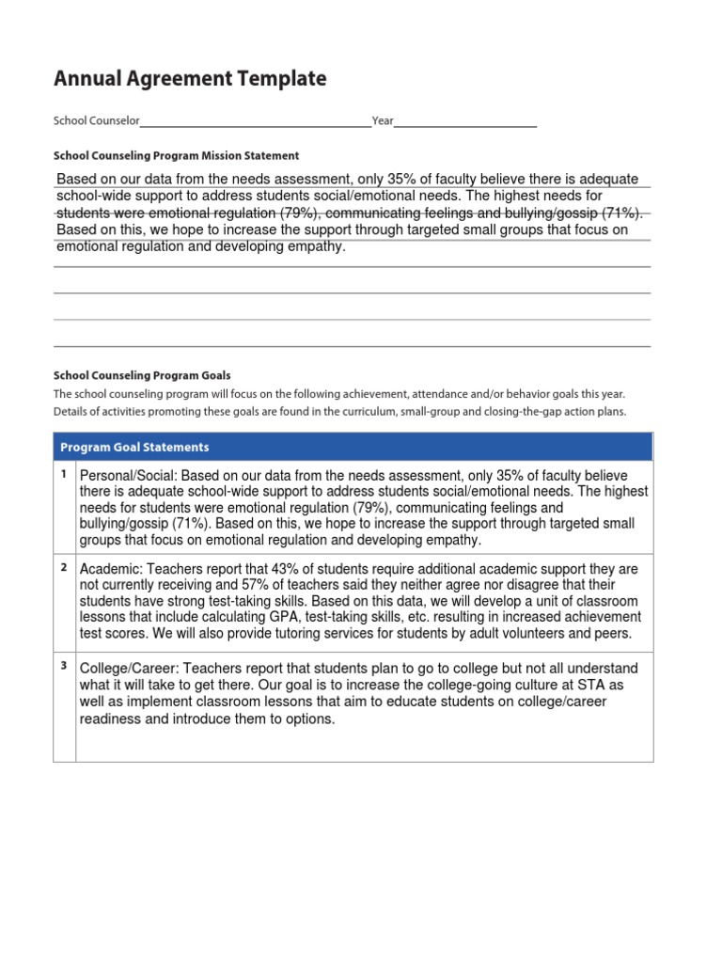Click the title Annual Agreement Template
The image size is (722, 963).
click(x=190, y=80)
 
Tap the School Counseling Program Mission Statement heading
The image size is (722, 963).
click(x=176, y=156)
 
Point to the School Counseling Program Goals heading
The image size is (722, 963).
click(x=142, y=375)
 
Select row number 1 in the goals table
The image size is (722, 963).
click(x=64, y=474)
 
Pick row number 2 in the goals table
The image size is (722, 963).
click(x=64, y=567)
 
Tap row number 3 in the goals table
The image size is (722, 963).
click(x=64, y=666)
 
